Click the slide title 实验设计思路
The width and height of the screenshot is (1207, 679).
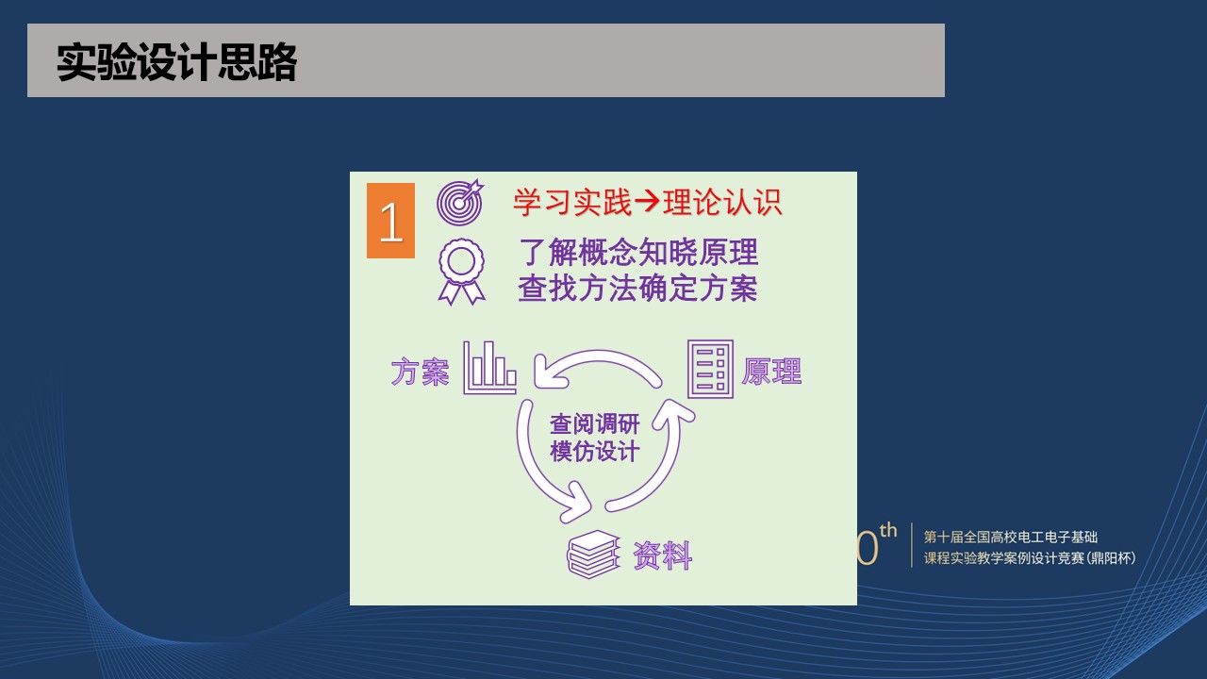176,62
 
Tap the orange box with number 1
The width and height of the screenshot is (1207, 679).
390,221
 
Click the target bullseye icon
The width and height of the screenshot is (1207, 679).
460,202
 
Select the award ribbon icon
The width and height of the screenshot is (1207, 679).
462,272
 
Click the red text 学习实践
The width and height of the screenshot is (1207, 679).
571,203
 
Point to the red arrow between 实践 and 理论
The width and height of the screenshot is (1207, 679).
647,202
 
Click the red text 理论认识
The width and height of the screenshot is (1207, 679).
722,203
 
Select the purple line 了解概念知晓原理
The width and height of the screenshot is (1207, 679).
638,252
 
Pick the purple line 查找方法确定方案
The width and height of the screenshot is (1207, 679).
638,289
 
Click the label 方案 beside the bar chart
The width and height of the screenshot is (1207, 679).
420,372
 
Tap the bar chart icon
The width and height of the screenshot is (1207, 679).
489,368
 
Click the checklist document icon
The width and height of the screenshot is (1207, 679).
711,369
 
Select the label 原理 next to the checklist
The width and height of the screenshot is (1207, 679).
771,372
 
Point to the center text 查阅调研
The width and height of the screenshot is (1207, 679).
595,424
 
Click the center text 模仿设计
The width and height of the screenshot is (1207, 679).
595,451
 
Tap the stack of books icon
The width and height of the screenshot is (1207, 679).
593,555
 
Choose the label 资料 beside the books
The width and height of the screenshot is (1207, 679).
662,555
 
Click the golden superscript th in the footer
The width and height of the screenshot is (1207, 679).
888,530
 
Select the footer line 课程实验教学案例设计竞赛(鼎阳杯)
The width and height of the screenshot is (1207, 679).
1030,558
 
